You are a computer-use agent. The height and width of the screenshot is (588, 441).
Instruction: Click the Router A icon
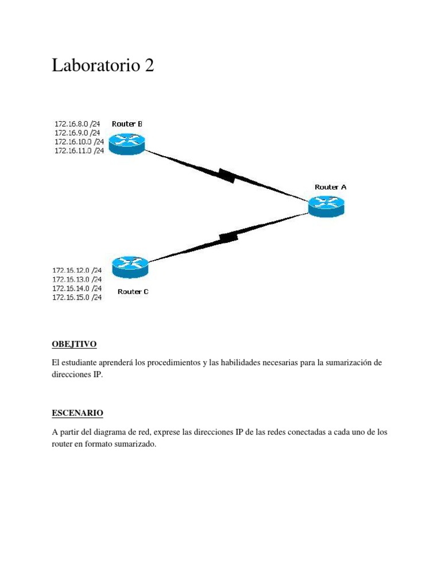coord(326,206)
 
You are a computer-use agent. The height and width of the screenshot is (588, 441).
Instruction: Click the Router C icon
coord(130,266)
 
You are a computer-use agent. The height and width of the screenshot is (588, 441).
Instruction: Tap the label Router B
coord(127,123)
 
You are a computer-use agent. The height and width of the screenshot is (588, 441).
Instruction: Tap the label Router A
coord(330,187)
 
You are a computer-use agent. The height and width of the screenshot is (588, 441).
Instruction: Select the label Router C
coord(133,292)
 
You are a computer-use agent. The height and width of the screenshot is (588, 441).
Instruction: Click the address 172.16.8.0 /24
coord(77,123)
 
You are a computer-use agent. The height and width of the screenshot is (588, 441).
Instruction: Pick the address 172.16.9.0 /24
coord(77,133)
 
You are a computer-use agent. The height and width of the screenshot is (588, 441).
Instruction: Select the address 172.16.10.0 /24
coord(79,141)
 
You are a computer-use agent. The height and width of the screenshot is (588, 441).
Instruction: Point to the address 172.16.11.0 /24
coord(79,150)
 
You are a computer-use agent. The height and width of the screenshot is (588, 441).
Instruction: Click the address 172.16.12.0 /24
coord(77,270)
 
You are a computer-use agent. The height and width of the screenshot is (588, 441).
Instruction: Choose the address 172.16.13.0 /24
coord(77,279)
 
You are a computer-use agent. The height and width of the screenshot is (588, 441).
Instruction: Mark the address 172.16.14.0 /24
coord(77,288)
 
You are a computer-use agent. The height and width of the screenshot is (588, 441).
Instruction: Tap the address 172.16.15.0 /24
coord(77,297)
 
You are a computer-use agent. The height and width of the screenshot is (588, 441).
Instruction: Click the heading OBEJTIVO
coord(74,345)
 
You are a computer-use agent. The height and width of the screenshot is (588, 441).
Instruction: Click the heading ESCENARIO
coord(78,413)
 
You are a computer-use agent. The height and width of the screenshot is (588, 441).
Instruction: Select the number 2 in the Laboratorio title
coord(149,66)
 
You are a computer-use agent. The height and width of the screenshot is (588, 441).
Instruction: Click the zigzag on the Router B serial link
coord(226,175)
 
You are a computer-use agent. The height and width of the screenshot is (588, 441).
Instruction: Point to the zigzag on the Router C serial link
coord(229,236)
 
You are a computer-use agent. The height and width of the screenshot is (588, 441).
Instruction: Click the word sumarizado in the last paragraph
coord(137,445)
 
